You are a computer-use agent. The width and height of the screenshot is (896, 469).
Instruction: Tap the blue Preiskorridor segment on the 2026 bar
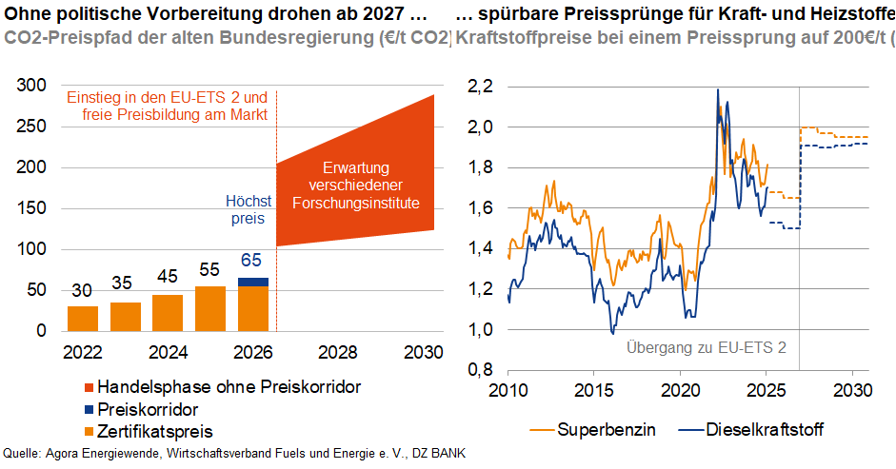[253, 282]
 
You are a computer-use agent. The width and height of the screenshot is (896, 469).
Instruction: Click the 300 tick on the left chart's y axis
[32, 86]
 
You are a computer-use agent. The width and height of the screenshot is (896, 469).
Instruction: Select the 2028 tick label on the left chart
[338, 352]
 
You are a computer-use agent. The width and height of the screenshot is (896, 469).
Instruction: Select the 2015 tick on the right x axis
[595, 391]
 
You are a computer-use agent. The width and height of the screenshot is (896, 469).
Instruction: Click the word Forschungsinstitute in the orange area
[355, 203]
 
